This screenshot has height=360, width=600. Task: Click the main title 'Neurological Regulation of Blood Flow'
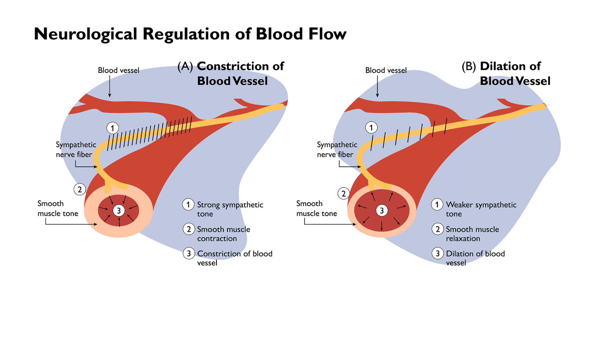[x=190, y=34]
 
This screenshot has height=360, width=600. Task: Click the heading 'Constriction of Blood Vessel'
[x=240, y=73]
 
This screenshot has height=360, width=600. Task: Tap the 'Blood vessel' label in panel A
[x=118, y=71]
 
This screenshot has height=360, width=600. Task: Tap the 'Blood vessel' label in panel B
[x=386, y=71]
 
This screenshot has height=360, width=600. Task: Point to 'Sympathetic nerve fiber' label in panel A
[x=76, y=150]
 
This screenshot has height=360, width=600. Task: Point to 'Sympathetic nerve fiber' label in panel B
[x=337, y=150]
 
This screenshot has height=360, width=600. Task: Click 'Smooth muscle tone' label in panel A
[x=58, y=209]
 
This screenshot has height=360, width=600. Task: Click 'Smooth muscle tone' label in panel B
[x=317, y=209]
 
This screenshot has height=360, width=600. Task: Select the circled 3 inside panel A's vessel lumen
[x=119, y=210]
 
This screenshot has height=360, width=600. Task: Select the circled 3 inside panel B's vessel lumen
[x=382, y=210]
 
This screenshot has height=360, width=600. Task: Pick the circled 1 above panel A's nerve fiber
[x=113, y=127]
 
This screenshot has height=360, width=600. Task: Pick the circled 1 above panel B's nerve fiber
[x=371, y=127]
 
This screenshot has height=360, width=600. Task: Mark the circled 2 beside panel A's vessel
[x=80, y=189]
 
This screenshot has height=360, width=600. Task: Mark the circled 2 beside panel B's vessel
[x=343, y=193]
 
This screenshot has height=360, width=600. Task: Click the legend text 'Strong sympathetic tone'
[x=230, y=209]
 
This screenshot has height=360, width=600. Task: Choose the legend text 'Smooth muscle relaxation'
[x=472, y=234]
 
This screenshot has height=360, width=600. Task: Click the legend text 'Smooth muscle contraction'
[x=223, y=234]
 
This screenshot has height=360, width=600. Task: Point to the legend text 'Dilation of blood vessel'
[x=475, y=258]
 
